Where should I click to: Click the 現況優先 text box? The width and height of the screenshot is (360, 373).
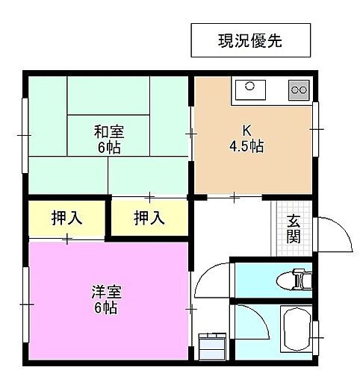tap(249, 40)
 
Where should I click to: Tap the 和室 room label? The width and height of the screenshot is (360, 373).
tap(108, 132)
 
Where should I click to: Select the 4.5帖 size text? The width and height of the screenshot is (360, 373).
tap(246, 145)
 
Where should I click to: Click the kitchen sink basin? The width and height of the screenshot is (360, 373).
tap(249, 90)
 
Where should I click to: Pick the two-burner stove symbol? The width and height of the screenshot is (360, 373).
tap(300, 90)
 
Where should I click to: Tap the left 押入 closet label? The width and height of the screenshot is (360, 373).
tap(66, 218)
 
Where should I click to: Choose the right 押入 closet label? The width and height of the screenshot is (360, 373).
tap(149, 218)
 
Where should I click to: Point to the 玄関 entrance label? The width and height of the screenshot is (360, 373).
tap(294, 228)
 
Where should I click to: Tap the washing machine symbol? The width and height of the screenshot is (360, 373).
tap(212, 347)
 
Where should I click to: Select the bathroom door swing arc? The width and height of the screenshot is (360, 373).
tap(252, 322)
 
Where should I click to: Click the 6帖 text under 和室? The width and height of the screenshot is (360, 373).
tap(109, 147)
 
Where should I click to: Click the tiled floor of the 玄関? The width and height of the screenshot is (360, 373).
tap(282, 228)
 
